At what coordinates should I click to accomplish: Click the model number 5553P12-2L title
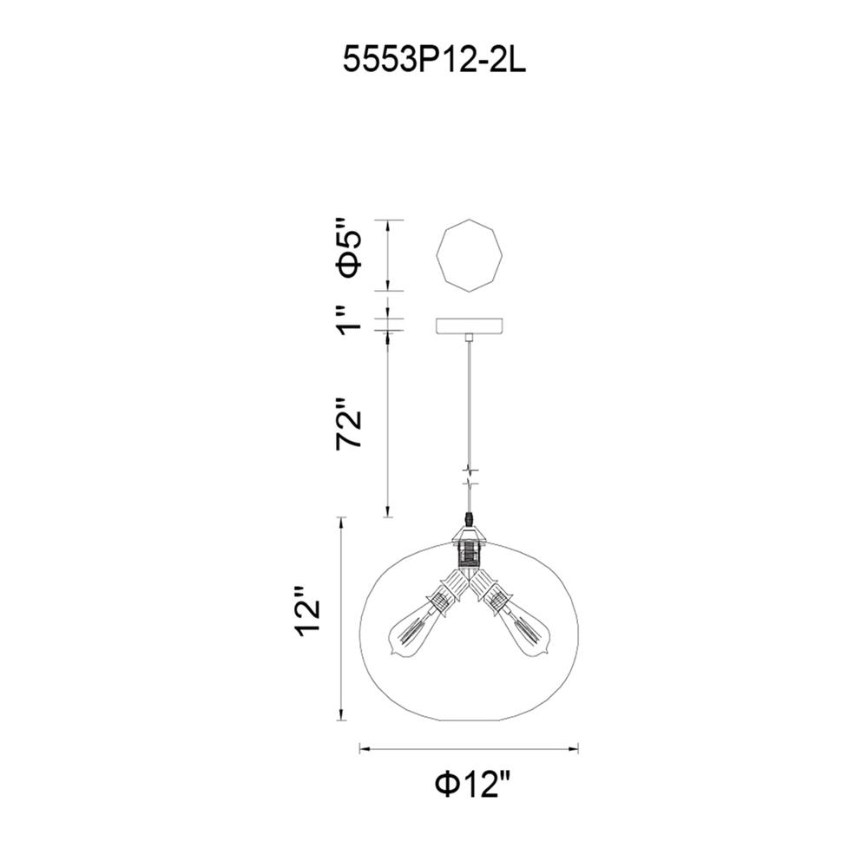(435, 59)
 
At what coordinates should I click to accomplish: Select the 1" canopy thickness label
(350, 319)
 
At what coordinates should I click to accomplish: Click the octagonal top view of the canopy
(470, 255)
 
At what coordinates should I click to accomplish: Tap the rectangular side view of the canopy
(470, 325)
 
